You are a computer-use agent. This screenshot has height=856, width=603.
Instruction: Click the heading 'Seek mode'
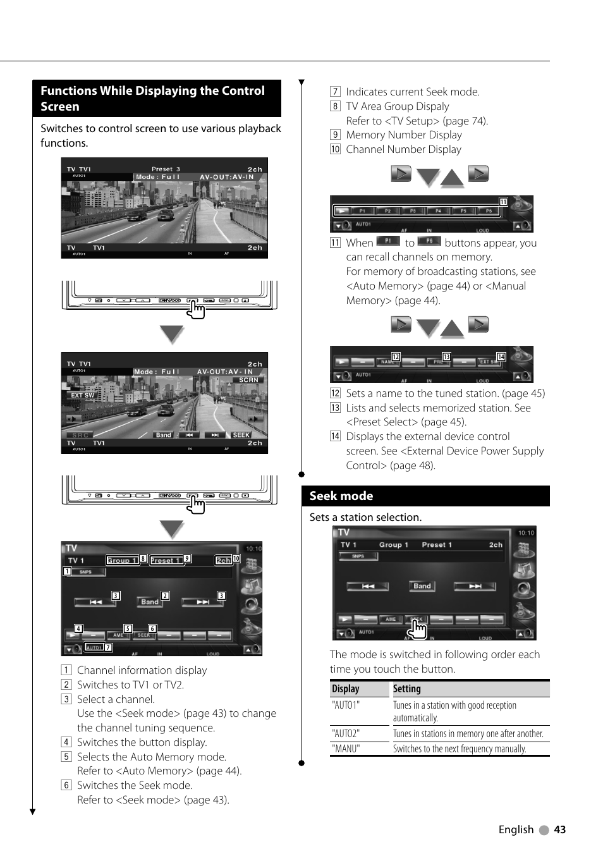(x=341, y=496)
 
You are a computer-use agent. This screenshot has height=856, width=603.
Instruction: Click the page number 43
(x=559, y=829)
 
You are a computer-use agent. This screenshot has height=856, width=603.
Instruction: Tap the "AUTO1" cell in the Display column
(x=346, y=705)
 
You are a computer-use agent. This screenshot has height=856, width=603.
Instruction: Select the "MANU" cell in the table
(x=346, y=749)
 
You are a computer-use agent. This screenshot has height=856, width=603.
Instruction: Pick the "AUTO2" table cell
(x=346, y=733)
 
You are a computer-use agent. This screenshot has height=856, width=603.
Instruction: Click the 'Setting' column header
(x=406, y=688)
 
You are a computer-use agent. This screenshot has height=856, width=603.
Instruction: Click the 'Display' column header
(x=345, y=688)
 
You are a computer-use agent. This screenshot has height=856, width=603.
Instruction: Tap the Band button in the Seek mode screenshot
(x=422, y=586)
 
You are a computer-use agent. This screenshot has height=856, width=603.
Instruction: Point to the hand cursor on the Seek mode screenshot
(x=417, y=629)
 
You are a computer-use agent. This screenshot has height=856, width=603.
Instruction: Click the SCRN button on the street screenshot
(x=248, y=380)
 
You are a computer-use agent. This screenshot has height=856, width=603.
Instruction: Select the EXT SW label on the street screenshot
(x=82, y=395)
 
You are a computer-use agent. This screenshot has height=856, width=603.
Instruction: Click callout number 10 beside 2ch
(x=236, y=559)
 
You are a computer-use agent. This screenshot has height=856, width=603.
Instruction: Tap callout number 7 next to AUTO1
(x=108, y=647)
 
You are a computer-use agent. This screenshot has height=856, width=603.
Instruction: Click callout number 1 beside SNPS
(x=67, y=572)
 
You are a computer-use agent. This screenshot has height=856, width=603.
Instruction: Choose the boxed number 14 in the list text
(x=335, y=436)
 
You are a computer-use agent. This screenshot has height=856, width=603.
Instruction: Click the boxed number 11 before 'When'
(x=335, y=243)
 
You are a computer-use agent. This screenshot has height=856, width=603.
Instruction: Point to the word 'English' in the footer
(x=516, y=829)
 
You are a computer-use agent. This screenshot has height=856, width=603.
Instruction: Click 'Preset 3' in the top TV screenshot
(x=166, y=169)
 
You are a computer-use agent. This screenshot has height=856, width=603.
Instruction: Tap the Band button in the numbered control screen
(x=150, y=602)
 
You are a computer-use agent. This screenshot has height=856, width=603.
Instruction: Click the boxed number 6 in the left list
(x=66, y=785)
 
